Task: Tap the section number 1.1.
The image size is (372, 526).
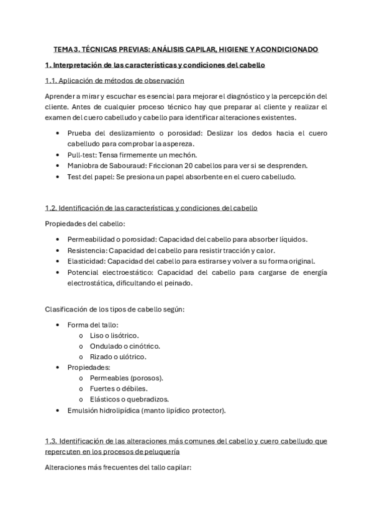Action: (x=53, y=81)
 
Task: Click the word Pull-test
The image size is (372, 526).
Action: (x=83, y=154)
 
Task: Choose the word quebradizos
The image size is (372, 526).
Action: (x=147, y=399)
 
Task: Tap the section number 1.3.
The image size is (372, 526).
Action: (x=53, y=441)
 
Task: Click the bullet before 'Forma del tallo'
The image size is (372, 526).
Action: (x=58, y=325)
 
